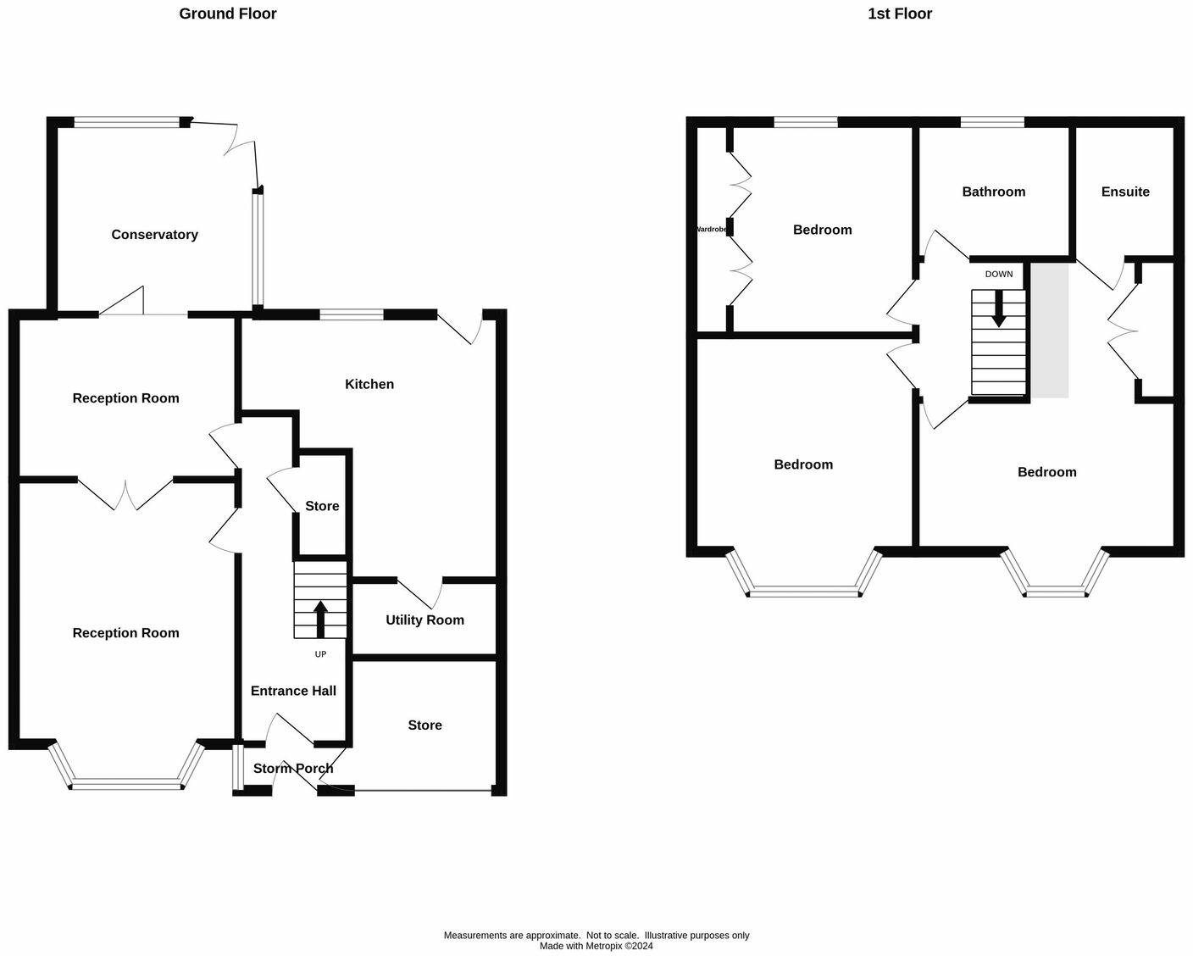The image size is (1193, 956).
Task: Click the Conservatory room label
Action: tap(154, 235)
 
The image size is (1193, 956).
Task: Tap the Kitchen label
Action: tap(369, 384)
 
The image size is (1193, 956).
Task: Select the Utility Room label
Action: tap(424, 620)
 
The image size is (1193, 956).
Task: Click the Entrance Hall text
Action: tap(293, 691)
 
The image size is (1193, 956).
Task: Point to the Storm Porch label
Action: tap(293, 768)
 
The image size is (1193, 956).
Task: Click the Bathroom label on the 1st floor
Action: tap(993, 192)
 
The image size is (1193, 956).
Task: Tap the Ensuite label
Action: tap(1125, 192)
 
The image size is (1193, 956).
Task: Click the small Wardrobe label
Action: tap(712, 229)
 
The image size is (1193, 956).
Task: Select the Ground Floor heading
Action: tap(227, 14)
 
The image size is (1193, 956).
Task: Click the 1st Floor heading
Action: tap(899, 14)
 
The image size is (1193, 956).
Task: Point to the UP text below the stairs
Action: tap(320, 654)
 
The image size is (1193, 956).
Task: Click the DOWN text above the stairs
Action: tap(998, 274)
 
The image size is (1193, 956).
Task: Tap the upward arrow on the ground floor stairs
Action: tap(320, 619)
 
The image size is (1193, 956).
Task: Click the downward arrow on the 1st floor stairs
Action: tap(999, 309)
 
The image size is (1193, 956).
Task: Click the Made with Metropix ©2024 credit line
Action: tap(596, 946)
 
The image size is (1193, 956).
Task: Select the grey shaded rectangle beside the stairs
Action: tap(1049, 331)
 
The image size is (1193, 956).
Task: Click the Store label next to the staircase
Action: tap(322, 506)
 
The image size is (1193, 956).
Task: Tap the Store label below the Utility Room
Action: tap(424, 725)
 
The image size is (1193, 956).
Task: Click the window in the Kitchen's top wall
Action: tap(352, 314)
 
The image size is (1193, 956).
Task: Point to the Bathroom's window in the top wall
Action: tap(992, 122)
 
